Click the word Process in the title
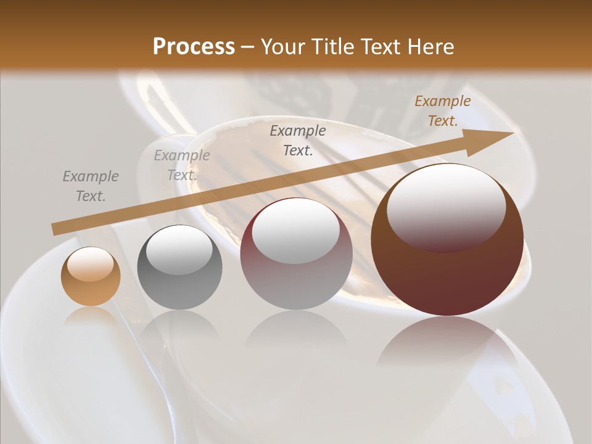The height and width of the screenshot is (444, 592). click(x=194, y=47)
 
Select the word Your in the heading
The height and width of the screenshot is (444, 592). click(x=285, y=47)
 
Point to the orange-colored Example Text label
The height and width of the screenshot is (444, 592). click(x=442, y=111)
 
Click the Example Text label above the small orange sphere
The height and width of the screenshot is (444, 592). click(x=90, y=186)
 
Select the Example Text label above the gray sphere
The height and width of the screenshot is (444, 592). click(x=181, y=165)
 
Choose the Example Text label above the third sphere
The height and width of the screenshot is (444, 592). click(x=298, y=140)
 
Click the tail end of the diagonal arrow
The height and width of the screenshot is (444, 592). click(x=57, y=229)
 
